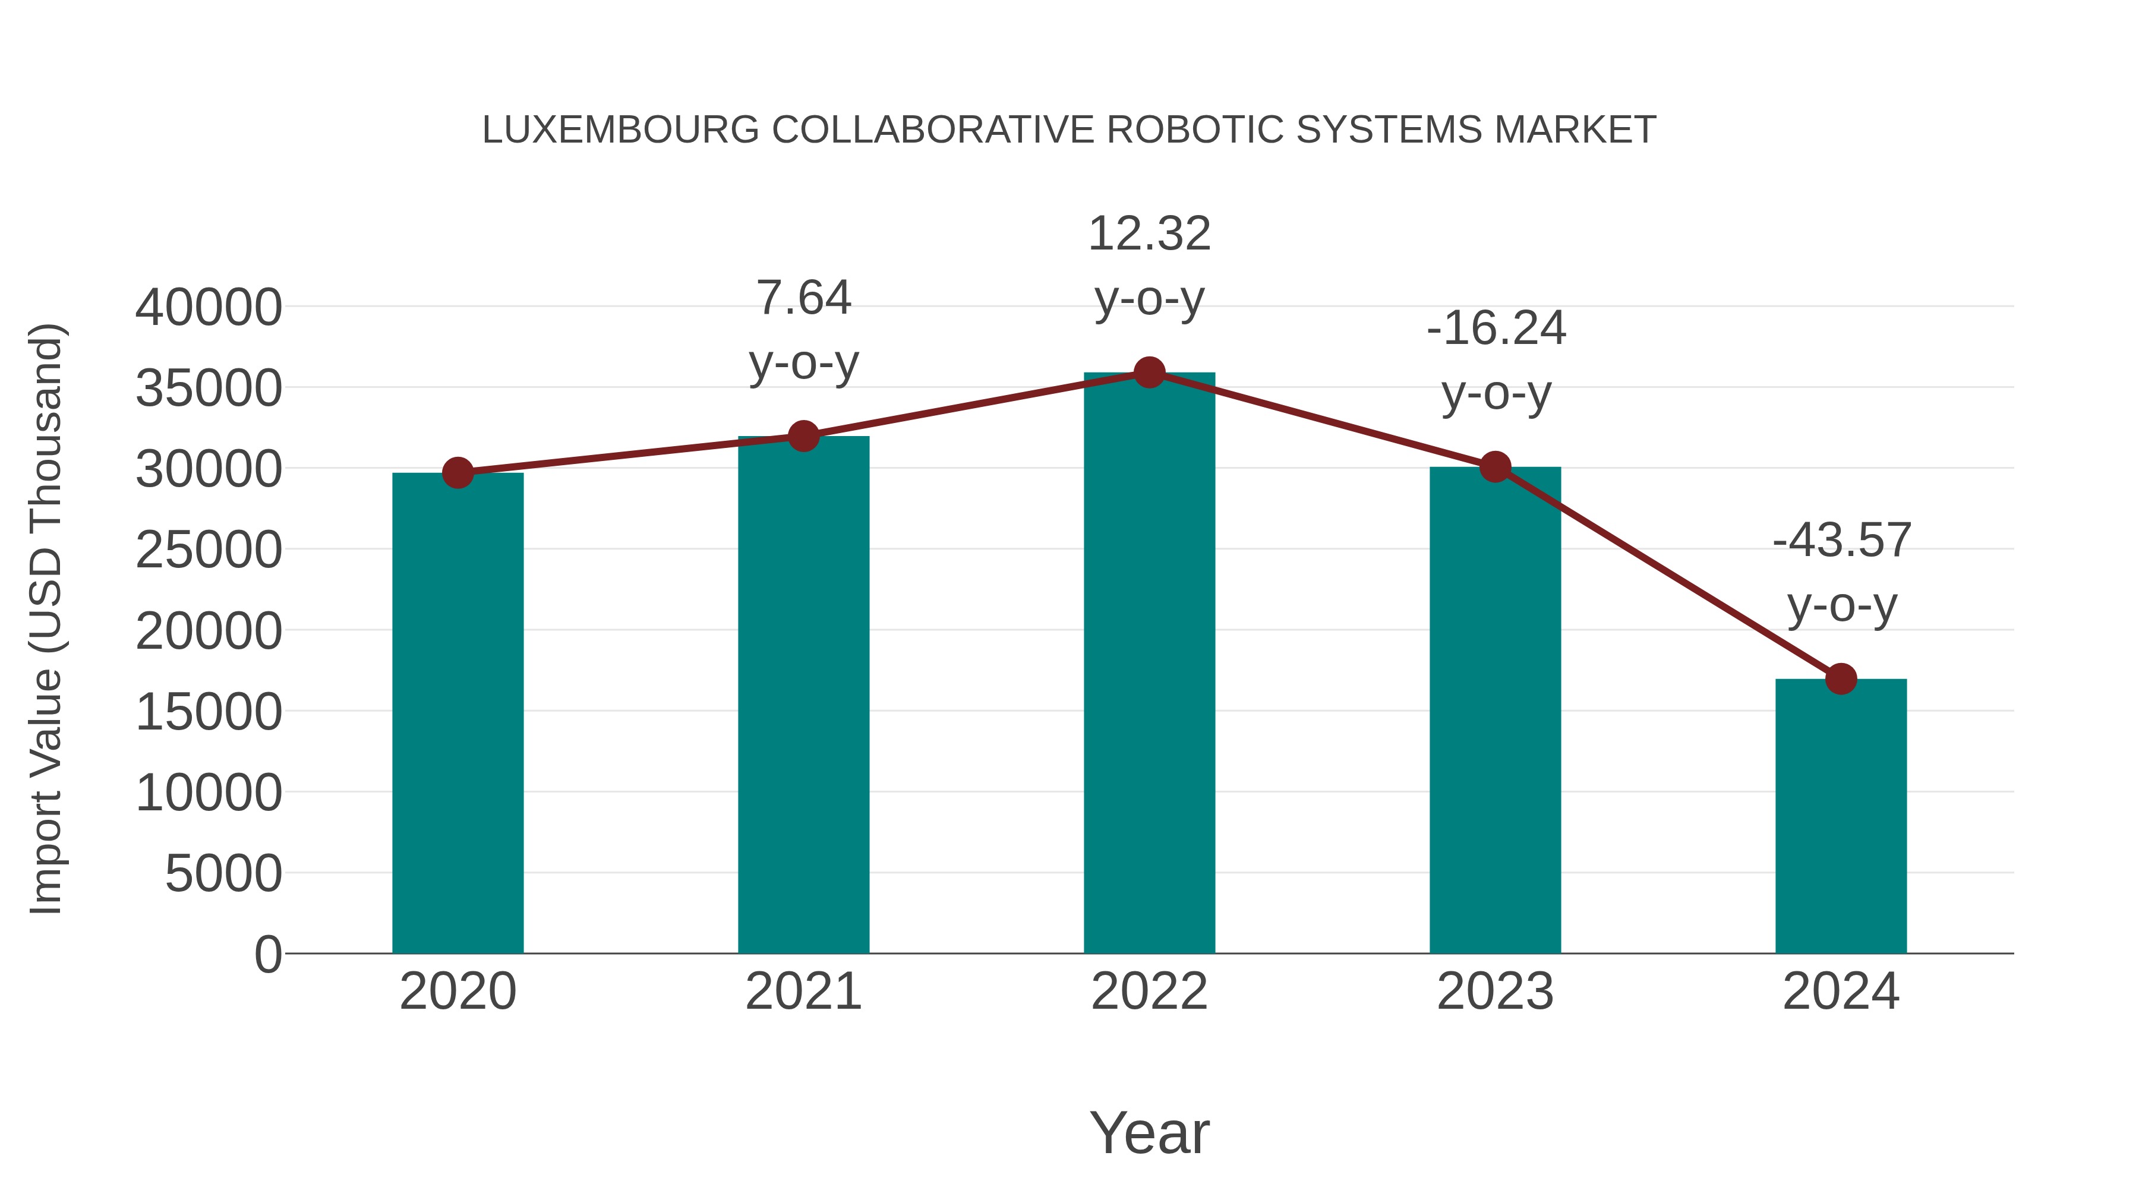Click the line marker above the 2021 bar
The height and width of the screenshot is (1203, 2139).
click(803, 436)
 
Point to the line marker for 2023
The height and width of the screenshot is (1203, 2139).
click(1495, 468)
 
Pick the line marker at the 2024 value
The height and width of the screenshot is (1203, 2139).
click(1841, 678)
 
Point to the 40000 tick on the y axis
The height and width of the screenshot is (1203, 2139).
click(209, 307)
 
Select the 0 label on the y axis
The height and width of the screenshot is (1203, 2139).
click(268, 954)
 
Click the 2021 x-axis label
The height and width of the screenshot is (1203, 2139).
click(803, 992)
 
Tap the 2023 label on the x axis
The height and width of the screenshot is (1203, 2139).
click(1495, 992)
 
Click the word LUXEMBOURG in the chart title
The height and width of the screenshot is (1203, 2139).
click(620, 130)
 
